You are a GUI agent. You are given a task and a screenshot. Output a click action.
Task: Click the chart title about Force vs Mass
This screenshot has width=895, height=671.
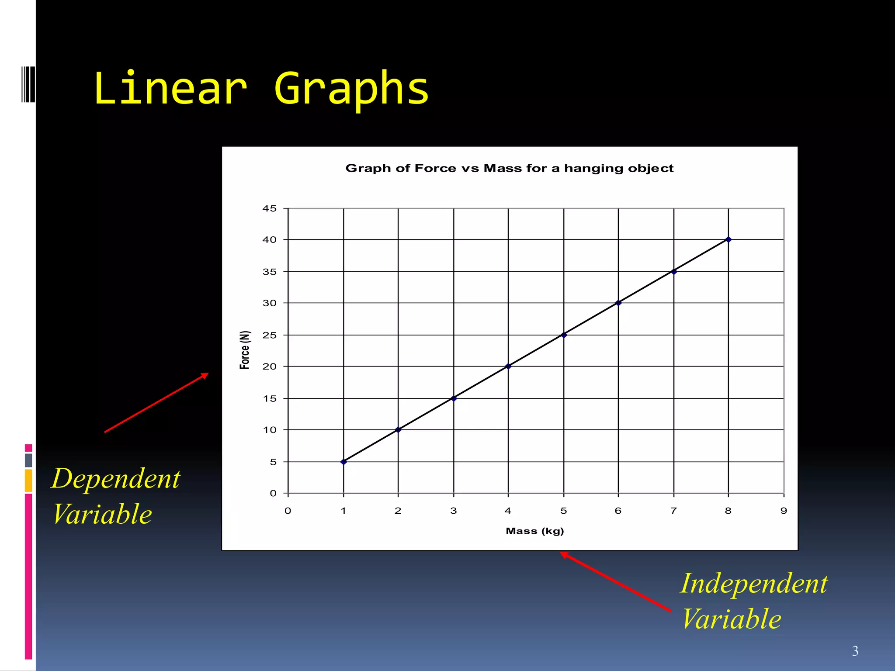tap(509, 169)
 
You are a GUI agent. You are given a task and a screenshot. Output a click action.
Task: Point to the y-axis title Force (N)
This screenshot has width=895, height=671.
tap(245, 350)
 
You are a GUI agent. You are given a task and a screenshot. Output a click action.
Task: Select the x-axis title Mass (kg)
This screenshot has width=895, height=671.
tap(534, 531)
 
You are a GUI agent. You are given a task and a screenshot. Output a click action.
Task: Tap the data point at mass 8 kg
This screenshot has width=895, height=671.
tap(728, 239)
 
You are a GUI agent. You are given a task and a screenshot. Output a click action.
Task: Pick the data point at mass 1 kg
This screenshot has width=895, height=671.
tap(343, 462)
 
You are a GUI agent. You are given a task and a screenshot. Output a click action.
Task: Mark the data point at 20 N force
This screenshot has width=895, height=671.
tap(508, 366)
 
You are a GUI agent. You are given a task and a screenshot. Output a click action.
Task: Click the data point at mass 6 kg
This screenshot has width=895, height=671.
tap(618, 303)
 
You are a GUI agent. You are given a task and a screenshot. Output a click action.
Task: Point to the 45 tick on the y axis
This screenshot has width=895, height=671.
tap(270, 209)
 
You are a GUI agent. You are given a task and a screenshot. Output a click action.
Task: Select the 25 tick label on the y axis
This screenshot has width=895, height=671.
tap(270, 335)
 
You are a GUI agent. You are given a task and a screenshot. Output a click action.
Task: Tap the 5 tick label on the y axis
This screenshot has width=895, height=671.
tap(273, 462)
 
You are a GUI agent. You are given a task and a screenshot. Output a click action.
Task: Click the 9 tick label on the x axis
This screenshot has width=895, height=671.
tap(784, 511)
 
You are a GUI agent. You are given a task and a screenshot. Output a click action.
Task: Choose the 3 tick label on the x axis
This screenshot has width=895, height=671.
tap(454, 511)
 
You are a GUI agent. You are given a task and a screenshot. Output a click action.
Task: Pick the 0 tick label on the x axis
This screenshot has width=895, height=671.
tap(288, 511)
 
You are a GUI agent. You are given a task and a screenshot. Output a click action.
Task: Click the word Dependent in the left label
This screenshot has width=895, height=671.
tap(116, 479)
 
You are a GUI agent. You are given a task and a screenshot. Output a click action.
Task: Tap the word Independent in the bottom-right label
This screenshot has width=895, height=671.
tap(754, 584)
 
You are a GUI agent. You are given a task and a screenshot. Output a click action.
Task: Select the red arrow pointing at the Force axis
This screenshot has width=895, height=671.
tap(156, 403)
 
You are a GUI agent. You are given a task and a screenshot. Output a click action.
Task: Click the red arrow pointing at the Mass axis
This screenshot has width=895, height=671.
tap(615, 581)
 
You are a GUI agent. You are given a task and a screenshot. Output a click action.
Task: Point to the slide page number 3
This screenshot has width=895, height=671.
tap(855, 651)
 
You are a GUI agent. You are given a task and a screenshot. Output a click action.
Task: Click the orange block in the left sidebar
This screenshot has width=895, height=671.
tap(28, 481)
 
